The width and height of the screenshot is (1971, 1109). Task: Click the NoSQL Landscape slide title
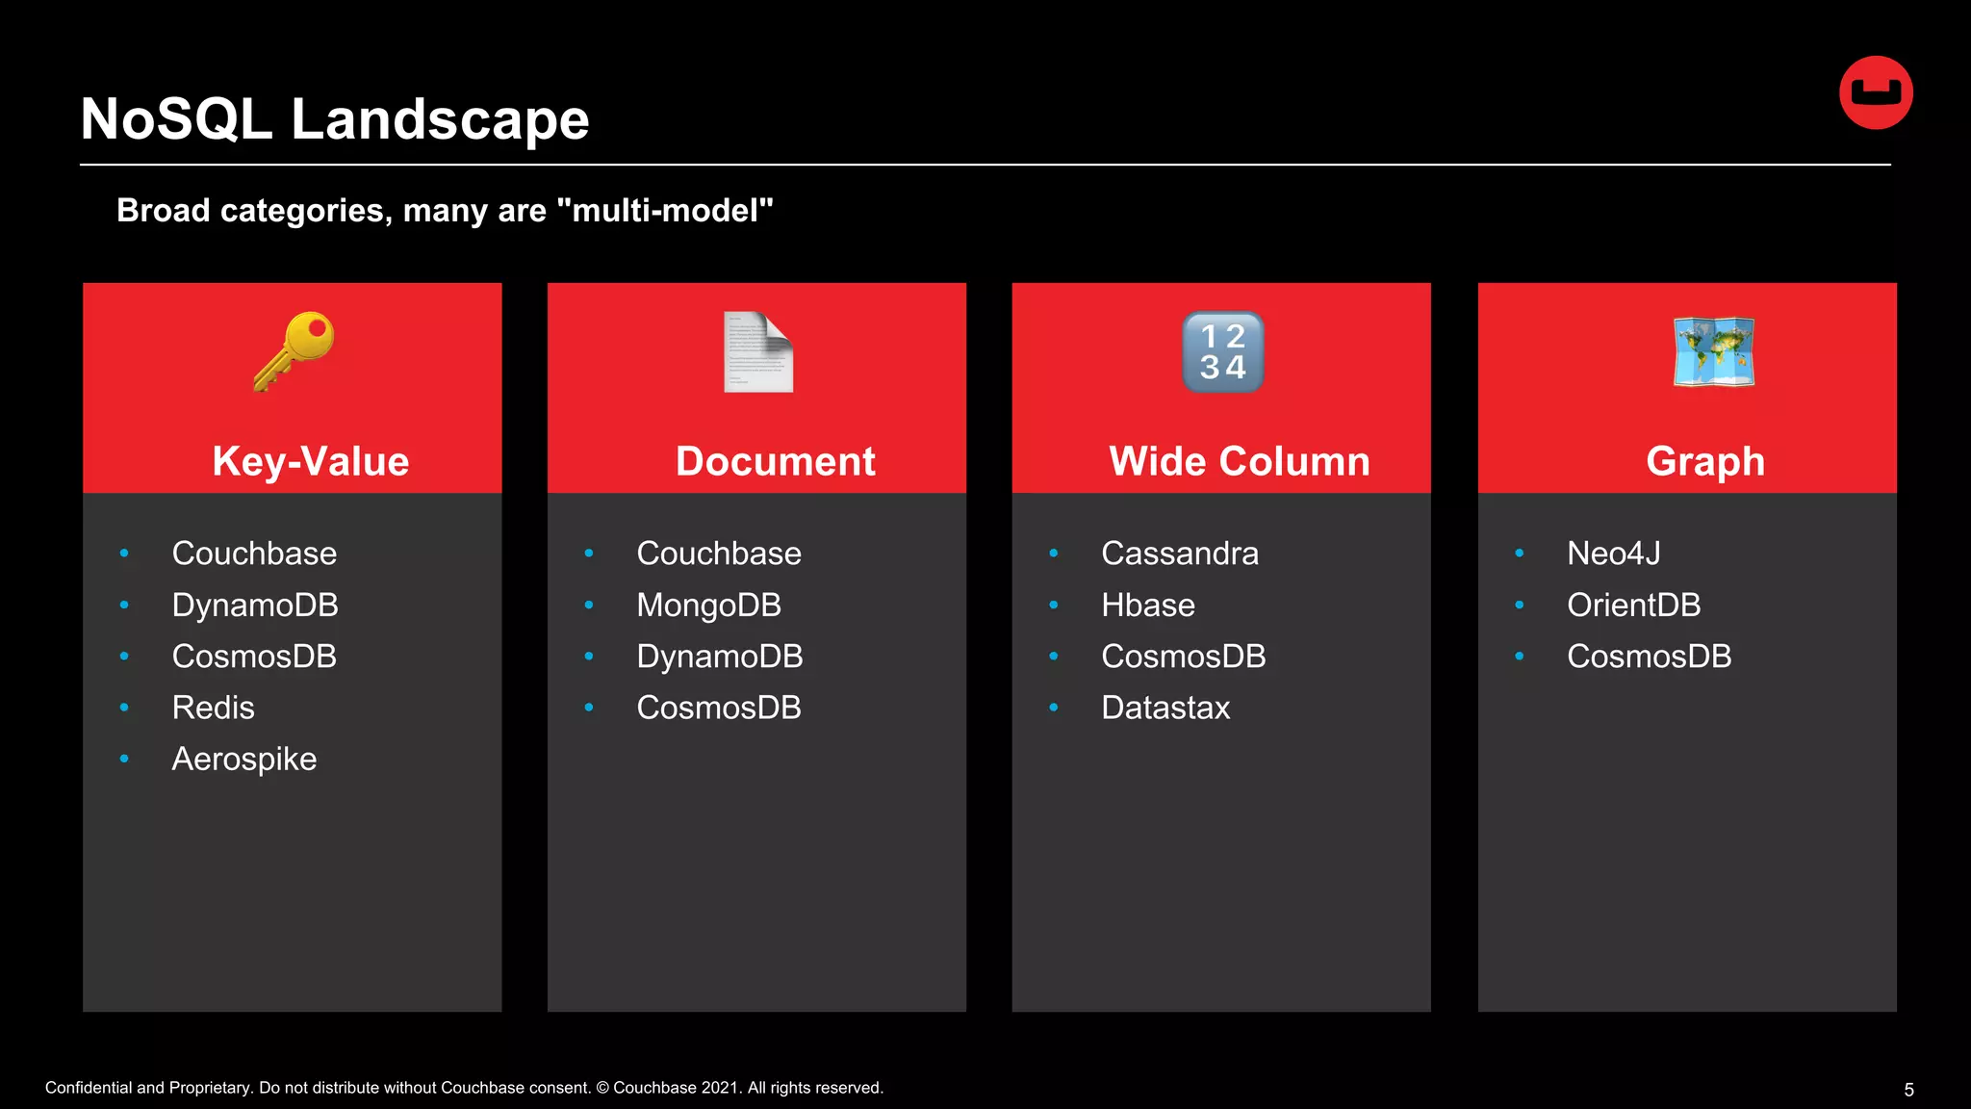[334, 119]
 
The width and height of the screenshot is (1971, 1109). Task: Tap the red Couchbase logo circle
[1876, 92]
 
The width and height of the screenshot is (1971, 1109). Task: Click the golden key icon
[294, 350]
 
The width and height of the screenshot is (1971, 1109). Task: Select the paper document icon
[758, 352]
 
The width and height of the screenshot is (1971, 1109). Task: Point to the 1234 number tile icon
[1222, 352]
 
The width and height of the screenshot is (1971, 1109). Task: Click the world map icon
[1713, 352]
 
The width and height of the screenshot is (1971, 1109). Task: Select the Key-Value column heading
[311, 461]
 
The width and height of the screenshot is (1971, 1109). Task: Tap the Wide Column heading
[1240, 461]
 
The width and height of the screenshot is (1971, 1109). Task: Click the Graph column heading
[1705, 461]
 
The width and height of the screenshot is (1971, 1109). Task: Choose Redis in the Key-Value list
[213, 708]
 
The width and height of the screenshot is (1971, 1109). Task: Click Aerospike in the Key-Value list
[243, 760]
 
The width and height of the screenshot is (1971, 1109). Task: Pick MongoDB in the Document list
[708, 606]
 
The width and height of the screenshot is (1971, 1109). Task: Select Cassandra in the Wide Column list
[1180, 554]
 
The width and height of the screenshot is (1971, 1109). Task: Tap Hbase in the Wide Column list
[1148, 606]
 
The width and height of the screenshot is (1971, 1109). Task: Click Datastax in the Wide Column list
[1165, 708]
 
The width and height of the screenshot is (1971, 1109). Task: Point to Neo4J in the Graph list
[1613, 554]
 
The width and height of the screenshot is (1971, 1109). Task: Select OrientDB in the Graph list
[1633, 606]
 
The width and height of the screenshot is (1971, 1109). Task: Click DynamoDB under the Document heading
[719, 657]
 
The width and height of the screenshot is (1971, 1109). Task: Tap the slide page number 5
[1908, 1090]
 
